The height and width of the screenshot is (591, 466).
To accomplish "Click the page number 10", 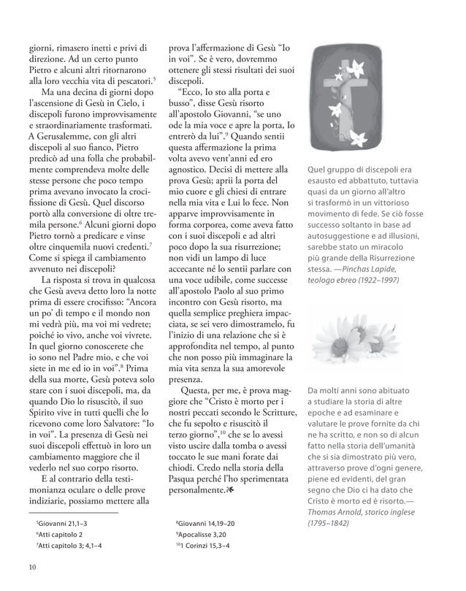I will (32, 568).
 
